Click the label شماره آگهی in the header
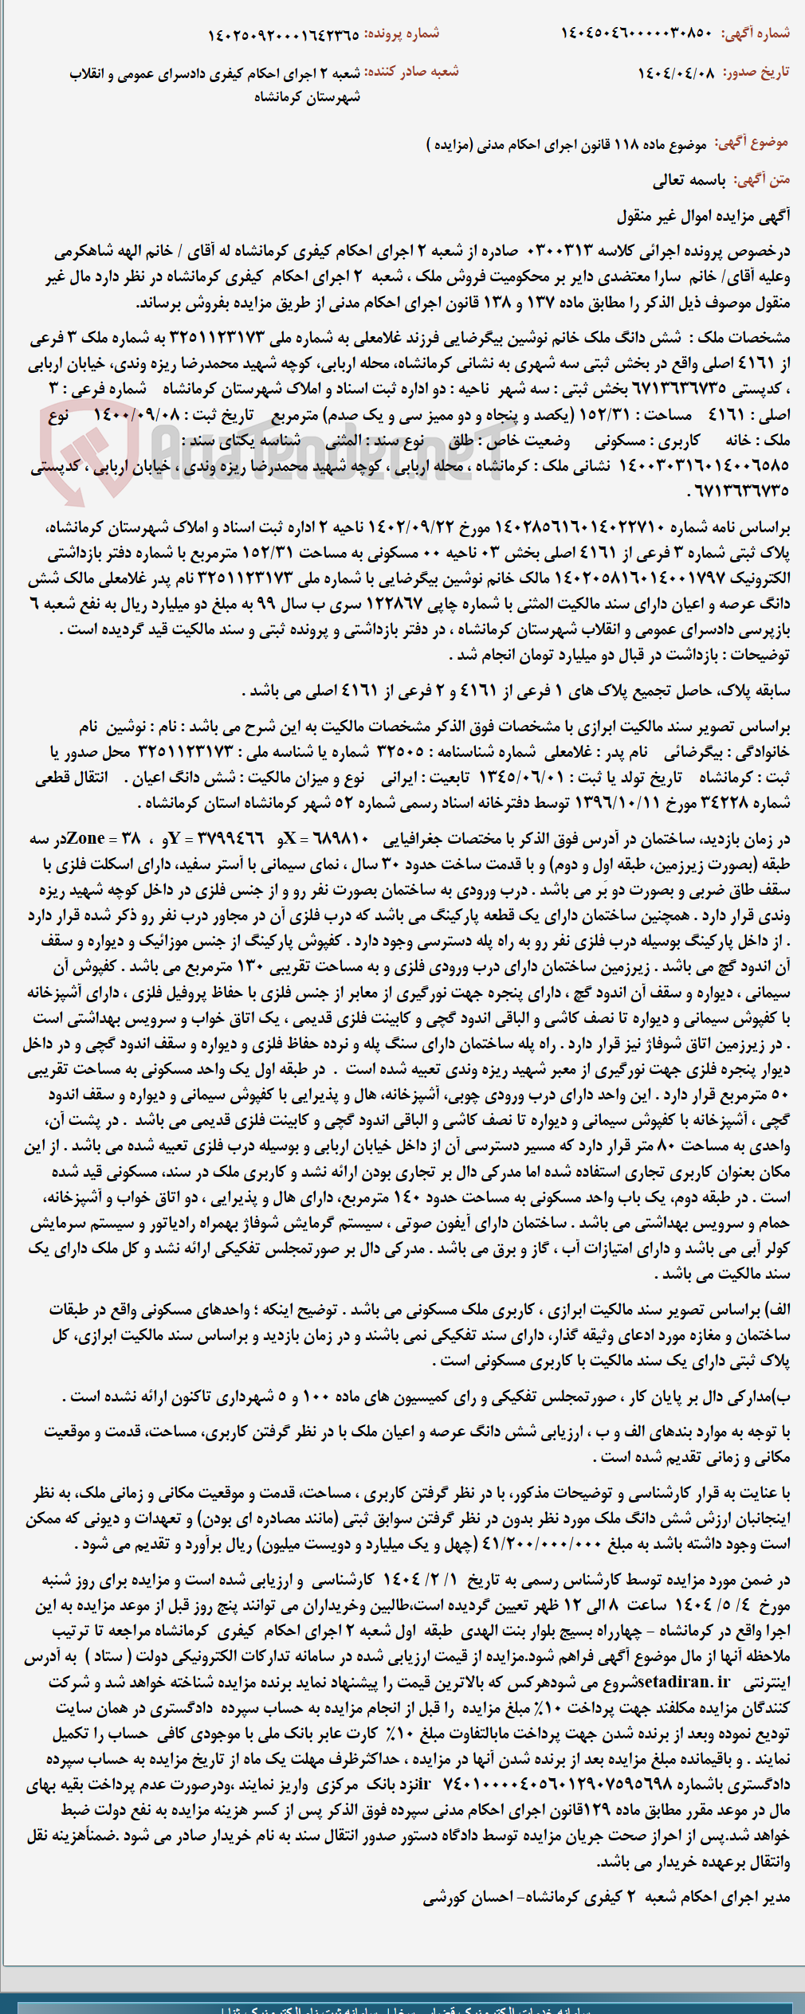(x=756, y=33)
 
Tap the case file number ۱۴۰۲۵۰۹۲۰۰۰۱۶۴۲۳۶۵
(x=283, y=34)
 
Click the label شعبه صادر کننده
(x=411, y=72)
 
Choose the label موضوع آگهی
(x=752, y=143)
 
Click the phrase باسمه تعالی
(x=689, y=181)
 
